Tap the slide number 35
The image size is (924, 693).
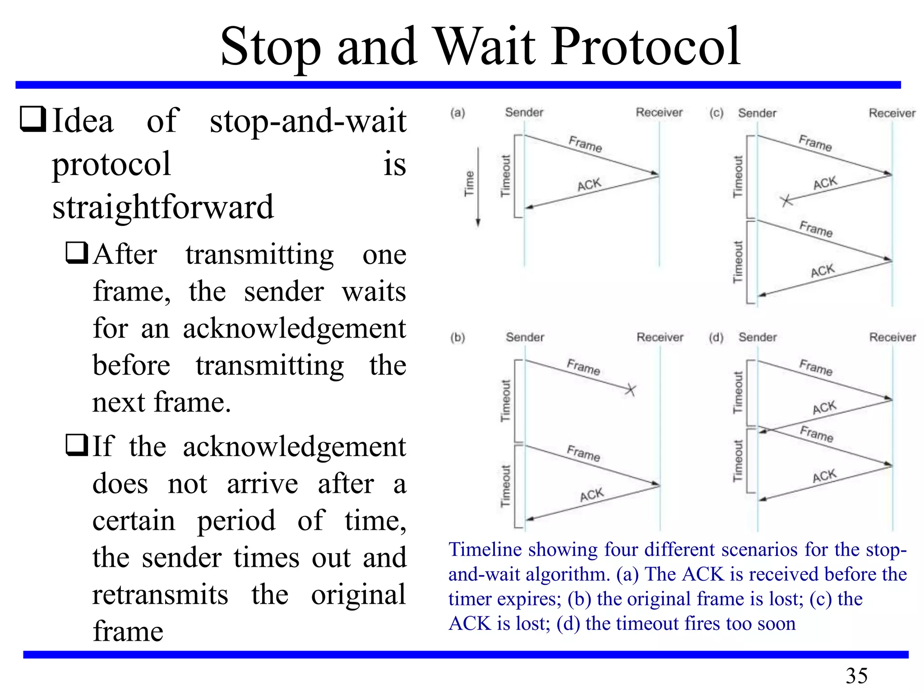tap(856, 675)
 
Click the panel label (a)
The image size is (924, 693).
tap(457, 113)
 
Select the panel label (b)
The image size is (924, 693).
tap(457, 337)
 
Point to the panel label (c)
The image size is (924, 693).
tap(716, 113)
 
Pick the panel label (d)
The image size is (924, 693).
tap(716, 337)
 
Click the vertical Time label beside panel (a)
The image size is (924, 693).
tap(470, 183)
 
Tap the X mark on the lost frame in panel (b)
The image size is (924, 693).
tap(630, 389)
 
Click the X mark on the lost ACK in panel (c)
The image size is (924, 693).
tap(786, 200)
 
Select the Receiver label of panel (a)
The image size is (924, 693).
tap(659, 112)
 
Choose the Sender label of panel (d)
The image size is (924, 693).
tap(758, 337)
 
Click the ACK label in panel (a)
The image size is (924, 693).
tap(589, 185)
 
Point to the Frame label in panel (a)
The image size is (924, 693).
tap(585, 144)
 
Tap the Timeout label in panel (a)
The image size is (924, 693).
tap(505, 176)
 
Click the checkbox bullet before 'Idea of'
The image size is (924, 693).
tap(32, 120)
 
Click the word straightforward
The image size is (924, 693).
tap(163, 207)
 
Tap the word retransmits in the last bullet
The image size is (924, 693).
tap(160, 594)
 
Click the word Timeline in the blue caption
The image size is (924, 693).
tap(485, 550)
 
